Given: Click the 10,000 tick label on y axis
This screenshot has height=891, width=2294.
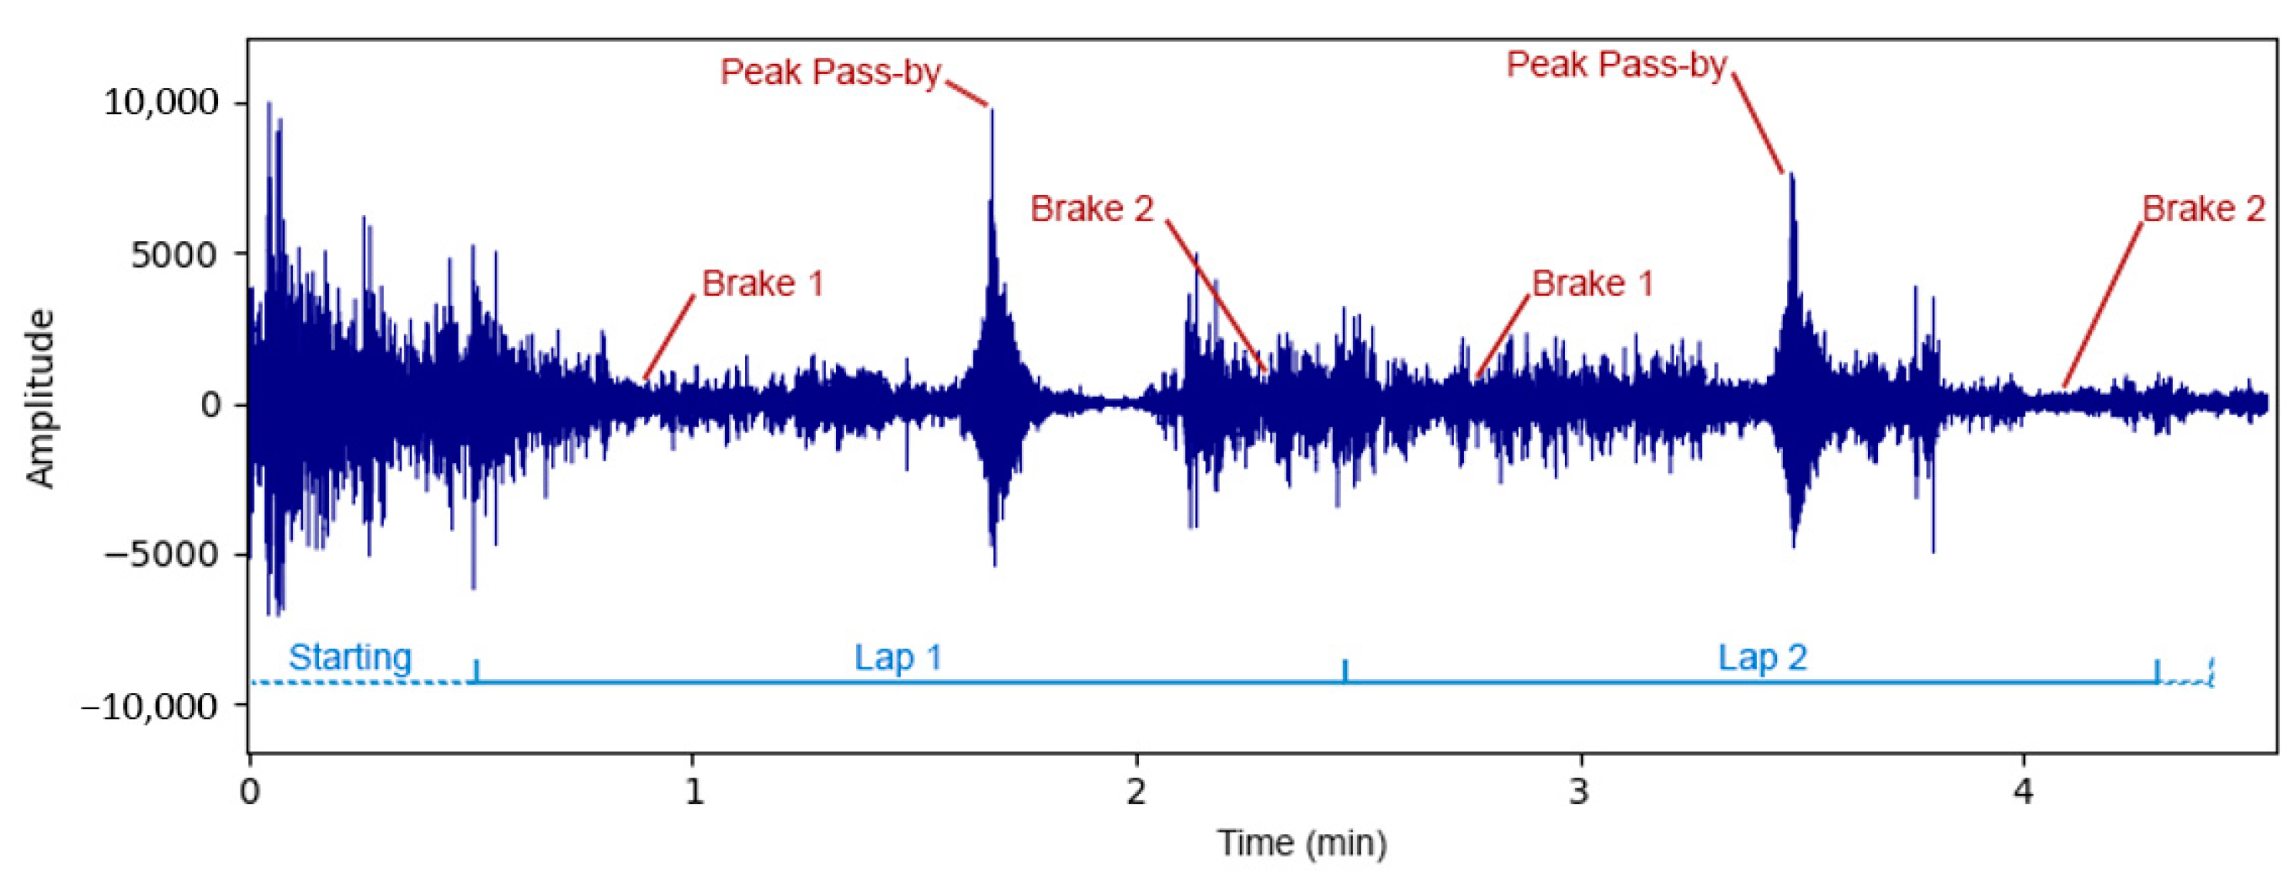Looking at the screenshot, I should click(x=160, y=103).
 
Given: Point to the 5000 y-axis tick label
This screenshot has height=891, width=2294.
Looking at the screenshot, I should click(x=173, y=255).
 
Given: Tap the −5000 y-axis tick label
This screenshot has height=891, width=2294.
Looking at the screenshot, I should click(x=161, y=554).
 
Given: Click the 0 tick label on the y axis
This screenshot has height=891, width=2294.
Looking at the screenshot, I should click(x=210, y=405).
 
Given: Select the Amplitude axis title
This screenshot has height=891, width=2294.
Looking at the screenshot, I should click(x=41, y=398).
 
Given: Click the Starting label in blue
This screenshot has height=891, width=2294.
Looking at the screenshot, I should click(x=350, y=657).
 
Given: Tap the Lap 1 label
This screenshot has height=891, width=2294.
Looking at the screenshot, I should click(x=898, y=657).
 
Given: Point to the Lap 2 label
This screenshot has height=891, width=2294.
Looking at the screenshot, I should click(x=1762, y=657).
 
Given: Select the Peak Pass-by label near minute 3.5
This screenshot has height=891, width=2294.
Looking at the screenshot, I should click(x=1617, y=64).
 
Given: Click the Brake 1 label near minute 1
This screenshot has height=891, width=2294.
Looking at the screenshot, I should click(x=762, y=284).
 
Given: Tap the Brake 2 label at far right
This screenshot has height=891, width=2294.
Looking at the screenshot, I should click(x=2202, y=209).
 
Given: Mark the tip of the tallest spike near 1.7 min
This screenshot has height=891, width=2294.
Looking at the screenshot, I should click(x=992, y=110).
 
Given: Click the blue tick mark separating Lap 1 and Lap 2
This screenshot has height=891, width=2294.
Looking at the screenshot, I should click(x=1345, y=671).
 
